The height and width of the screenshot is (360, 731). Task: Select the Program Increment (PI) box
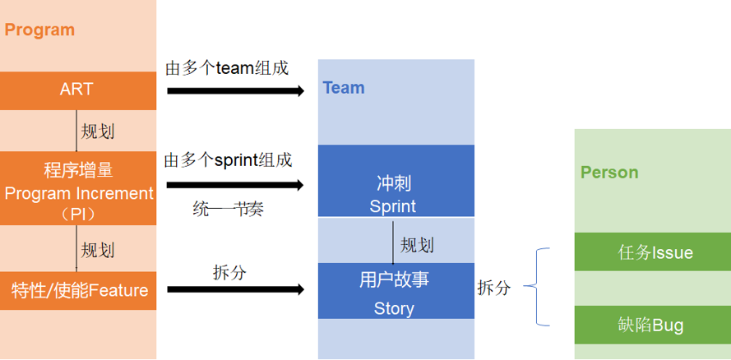(77, 188)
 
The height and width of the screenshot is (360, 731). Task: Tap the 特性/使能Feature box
(77, 290)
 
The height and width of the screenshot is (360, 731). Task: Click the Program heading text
(39, 30)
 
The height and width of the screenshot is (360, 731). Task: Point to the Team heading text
(343, 88)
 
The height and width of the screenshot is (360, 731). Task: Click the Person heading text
(609, 173)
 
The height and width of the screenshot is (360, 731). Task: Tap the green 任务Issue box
(653, 252)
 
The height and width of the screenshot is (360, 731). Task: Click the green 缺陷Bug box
(653, 325)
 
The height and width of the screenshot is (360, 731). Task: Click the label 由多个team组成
(227, 68)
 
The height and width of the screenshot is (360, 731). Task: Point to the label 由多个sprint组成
(228, 159)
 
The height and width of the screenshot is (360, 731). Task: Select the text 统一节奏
(228, 209)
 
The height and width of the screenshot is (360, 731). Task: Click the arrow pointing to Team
(235, 90)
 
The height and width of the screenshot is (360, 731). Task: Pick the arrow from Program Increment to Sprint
(235, 185)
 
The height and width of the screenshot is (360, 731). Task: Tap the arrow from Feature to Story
(235, 289)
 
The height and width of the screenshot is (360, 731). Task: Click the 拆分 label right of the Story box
(493, 288)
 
